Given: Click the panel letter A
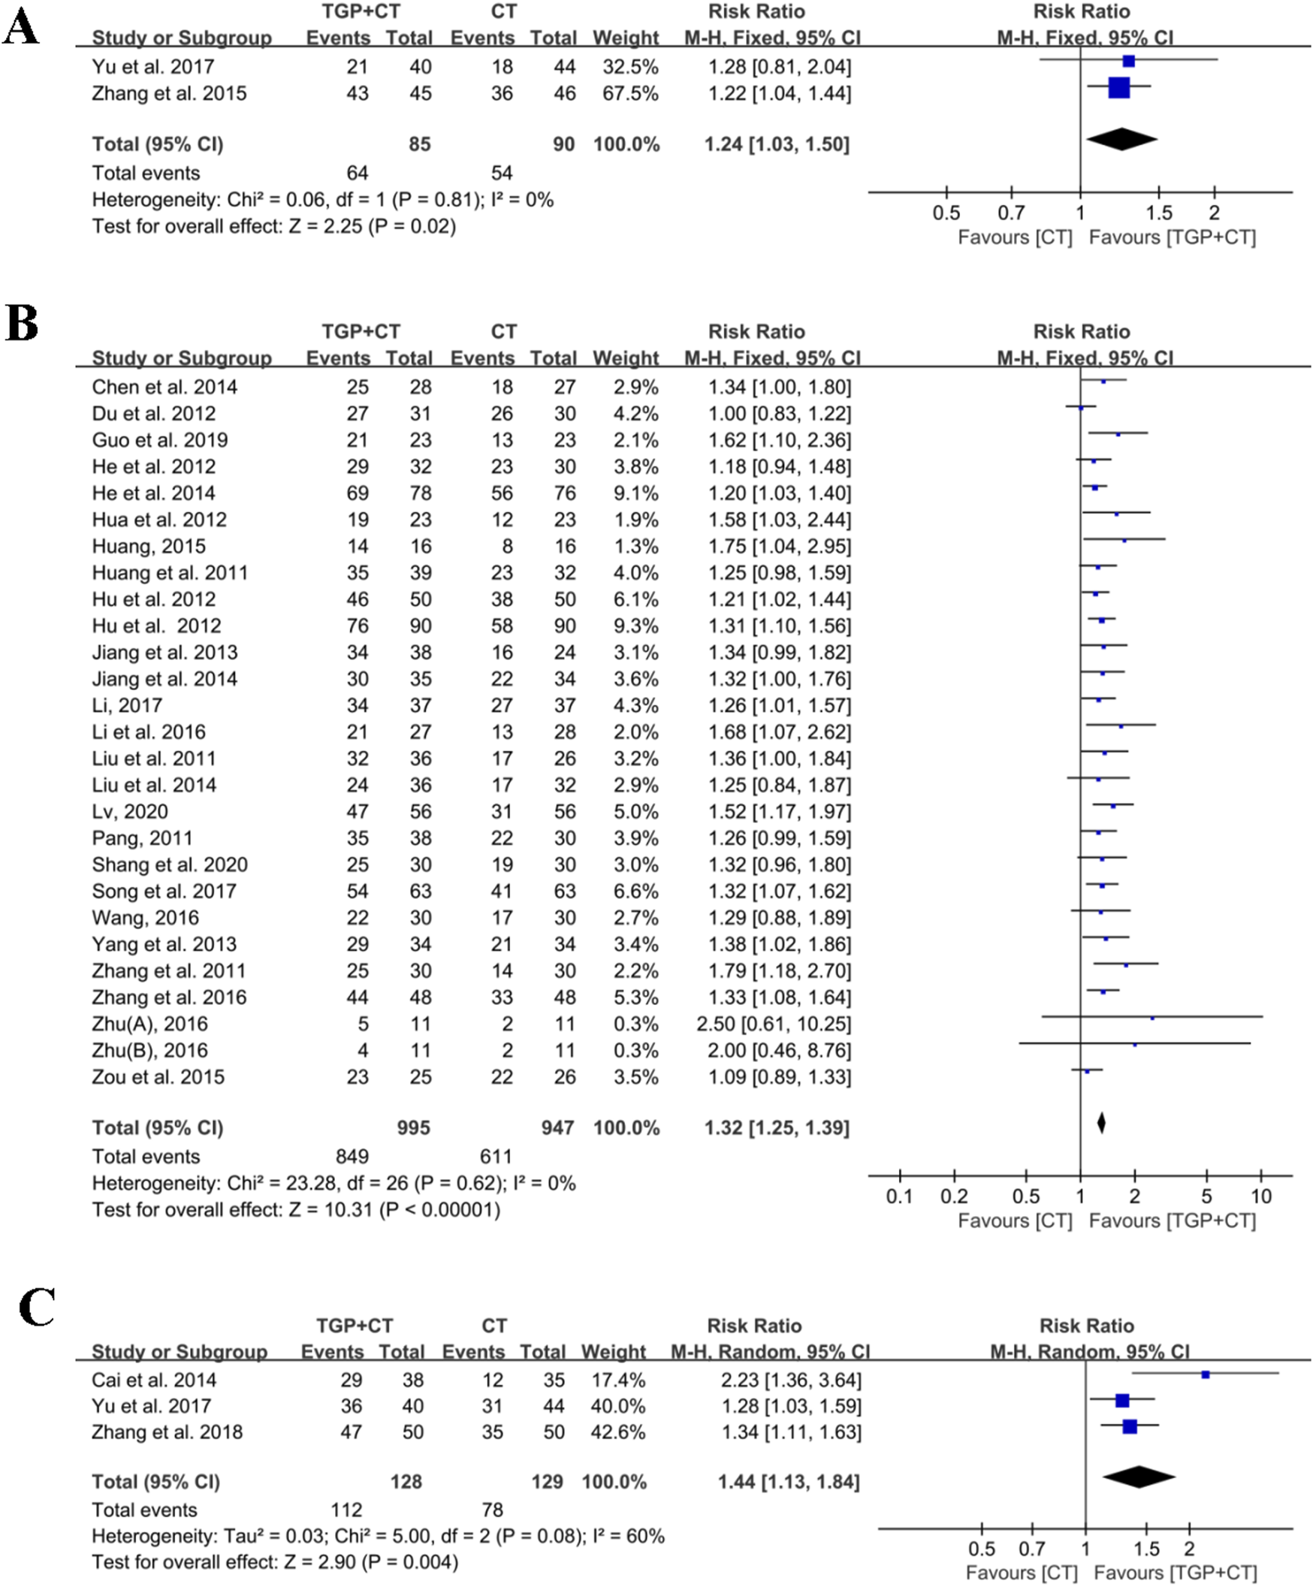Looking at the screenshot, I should pos(20,30).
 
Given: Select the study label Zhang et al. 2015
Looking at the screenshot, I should pos(169,94).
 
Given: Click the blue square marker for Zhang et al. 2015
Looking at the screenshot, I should pos(1118,88).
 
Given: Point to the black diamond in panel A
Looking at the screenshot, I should pos(1121,139).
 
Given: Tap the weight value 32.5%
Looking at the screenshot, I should pos(629,68).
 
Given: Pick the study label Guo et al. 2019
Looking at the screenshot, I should pos(159,440).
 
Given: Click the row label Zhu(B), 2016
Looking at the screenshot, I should pos(149,1051).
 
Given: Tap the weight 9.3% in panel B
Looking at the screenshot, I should pos(635,626).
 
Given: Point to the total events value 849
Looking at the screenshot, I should pos(352,1156).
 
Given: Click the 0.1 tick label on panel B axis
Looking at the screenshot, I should pos(900,1196).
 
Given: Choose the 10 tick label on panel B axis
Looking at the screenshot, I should pos(1261,1196).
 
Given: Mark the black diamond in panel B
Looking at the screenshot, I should pos(1101,1123).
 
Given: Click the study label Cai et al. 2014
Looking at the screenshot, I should pos(153,1380).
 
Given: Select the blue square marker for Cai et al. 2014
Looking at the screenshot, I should pos(1206,1374).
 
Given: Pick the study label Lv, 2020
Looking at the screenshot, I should pos(130,812).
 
